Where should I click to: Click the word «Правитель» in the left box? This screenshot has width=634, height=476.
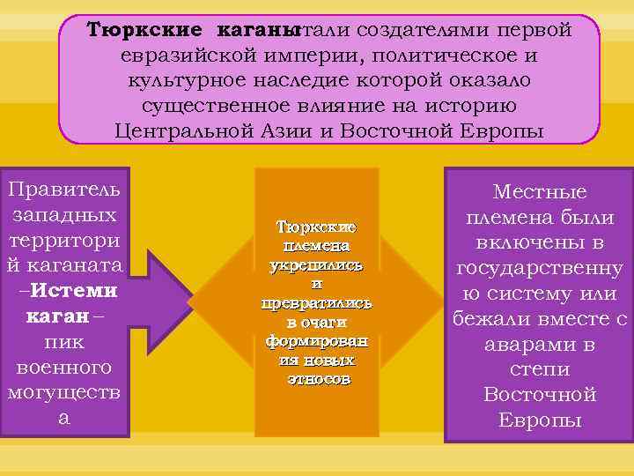point(64,190)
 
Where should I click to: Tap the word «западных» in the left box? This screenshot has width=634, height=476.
point(63,214)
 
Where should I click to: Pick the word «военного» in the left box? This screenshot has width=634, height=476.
point(63,365)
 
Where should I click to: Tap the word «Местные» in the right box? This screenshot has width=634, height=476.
point(540,192)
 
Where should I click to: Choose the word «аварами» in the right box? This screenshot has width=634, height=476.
point(540,344)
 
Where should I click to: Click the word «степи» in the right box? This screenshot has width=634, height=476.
point(540,369)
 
